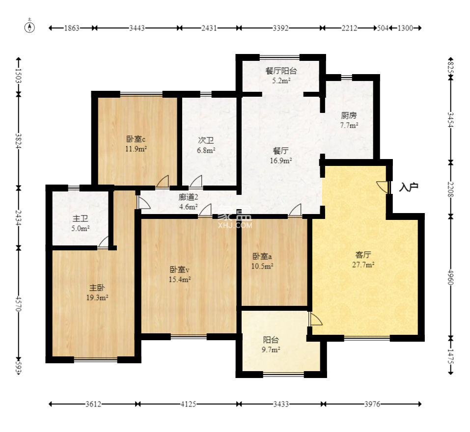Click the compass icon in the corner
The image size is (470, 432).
tap(29, 27)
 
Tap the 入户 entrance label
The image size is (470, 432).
tap(409, 188)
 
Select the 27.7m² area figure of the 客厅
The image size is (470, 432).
tap(363, 265)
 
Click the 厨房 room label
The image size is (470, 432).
tap(349, 115)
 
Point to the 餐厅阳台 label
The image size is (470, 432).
tap(281, 71)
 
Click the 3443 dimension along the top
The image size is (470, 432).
tap(137, 28)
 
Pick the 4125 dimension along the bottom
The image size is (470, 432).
tap(188, 405)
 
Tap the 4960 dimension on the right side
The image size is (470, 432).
tap(450, 277)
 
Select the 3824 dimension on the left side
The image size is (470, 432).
tap(19, 141)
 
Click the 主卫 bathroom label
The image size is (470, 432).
tap(81, 219)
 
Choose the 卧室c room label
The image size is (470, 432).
tap(136, 139)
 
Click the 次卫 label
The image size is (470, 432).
tap(206, 140)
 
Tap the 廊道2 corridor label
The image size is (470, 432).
tap(188, 197)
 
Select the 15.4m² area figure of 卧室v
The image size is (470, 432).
tap(180, 280)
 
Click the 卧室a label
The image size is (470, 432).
tap(262, 256)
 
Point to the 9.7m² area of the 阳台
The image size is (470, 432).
tap(271, 350)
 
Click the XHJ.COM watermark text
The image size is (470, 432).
tap(235, 225)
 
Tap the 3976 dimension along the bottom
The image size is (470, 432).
tap(372, 405)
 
